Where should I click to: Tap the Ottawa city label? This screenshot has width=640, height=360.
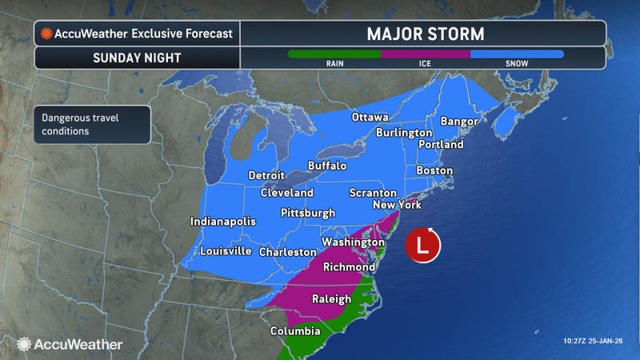pos(370,118)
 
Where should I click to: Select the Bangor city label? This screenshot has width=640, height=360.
pos(458,122)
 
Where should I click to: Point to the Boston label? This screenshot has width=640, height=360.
pos(434,170)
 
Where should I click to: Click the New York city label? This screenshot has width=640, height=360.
pos(398,206)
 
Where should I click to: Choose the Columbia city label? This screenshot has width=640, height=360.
pos(294,331)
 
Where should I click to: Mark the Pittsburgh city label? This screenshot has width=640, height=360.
pos(307,213)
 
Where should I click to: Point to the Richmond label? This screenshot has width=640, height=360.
pos(349,266)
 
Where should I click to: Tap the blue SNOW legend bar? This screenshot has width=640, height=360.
pos(517,54)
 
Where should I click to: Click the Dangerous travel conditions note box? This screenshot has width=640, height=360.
pos(91,124)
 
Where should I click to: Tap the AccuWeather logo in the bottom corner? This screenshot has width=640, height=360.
pos(70,344)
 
